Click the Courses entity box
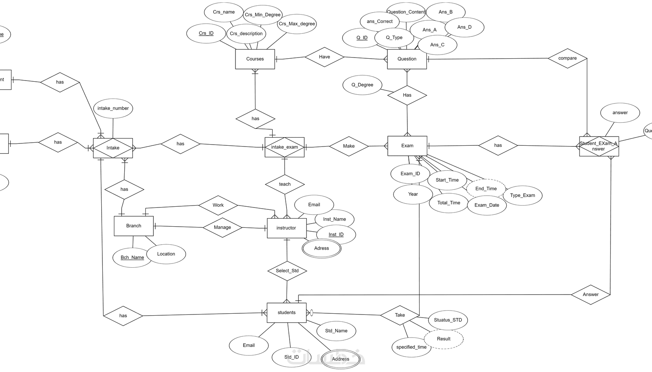coord(255,59)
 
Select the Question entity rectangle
coord(407,59)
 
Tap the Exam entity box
coord(407,146)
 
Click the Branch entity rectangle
coord(133,226)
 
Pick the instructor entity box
coord(286,228)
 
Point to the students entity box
coord(286,313)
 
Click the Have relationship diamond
coord(324,57)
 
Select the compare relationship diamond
coord(568,58)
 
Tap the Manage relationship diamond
coord(222,227)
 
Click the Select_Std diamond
coord(287,271)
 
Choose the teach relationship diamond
coord(285,184)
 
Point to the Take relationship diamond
coord(400,315)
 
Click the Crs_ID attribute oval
coord(206,33)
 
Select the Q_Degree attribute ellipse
coord(362,85)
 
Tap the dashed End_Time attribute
coord(486,189)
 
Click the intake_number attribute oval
coord(113,108)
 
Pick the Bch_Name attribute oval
coord(132,257)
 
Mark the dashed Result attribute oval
coord(444,339)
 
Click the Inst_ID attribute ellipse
coord(336,235)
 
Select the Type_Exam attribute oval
coord(523,195)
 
